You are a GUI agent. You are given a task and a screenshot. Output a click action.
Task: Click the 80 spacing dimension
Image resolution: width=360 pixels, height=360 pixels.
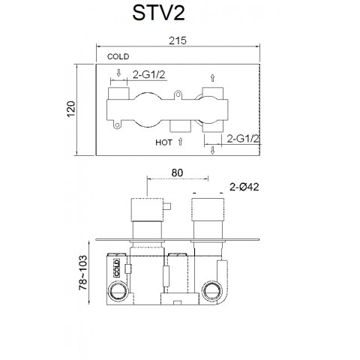[x=176, y=172]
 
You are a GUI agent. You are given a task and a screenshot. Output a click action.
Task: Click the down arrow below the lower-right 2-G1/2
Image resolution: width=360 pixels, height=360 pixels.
[x=213, y=151]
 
